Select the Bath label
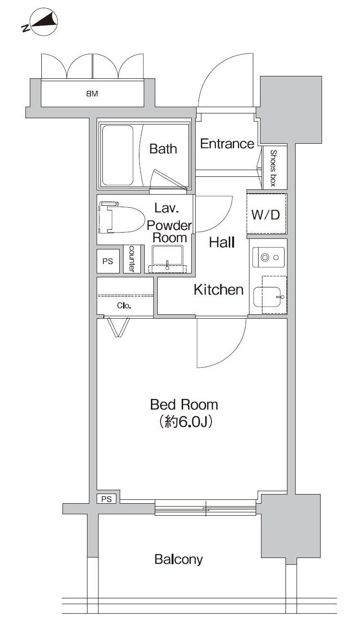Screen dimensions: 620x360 coord(163,149)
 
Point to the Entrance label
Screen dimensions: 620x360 coord(227,143)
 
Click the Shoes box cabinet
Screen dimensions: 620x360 coord(274,168)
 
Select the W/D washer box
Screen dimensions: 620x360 coord(266,214)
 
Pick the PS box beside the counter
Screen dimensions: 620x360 coord(108,261)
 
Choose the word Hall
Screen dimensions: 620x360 coord(222,243)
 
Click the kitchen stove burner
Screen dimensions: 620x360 coord(265,258)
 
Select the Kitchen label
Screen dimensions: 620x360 coord(219,290)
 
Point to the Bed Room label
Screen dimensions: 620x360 coord(184,404)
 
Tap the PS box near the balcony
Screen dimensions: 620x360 coord(107,499)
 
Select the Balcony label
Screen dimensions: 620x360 coord(179,559)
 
